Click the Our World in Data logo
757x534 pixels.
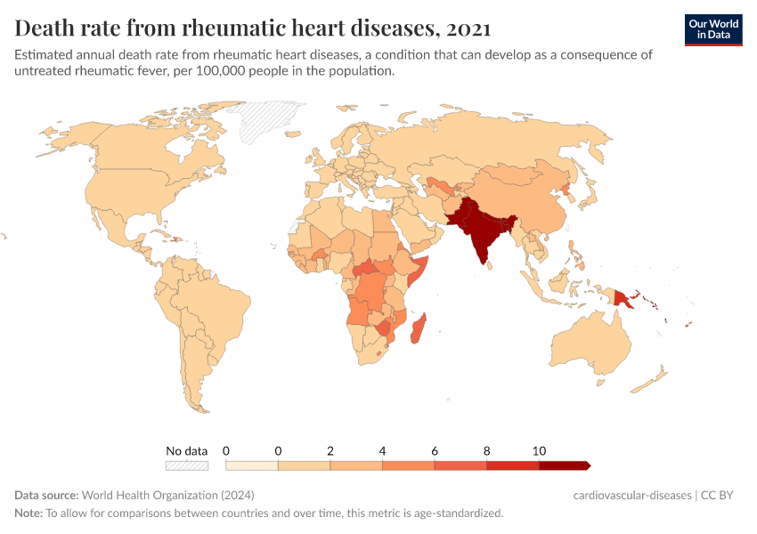pos(712,29)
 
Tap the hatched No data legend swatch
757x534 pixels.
pos(187,465)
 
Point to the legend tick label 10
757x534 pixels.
pos(538,450)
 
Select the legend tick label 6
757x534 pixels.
pos(435,450)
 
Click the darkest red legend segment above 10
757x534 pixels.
pos(564,465)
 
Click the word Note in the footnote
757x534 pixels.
pos(28,513)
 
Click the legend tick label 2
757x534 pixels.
pos(330,450)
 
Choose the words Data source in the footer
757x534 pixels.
pos(45,495)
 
